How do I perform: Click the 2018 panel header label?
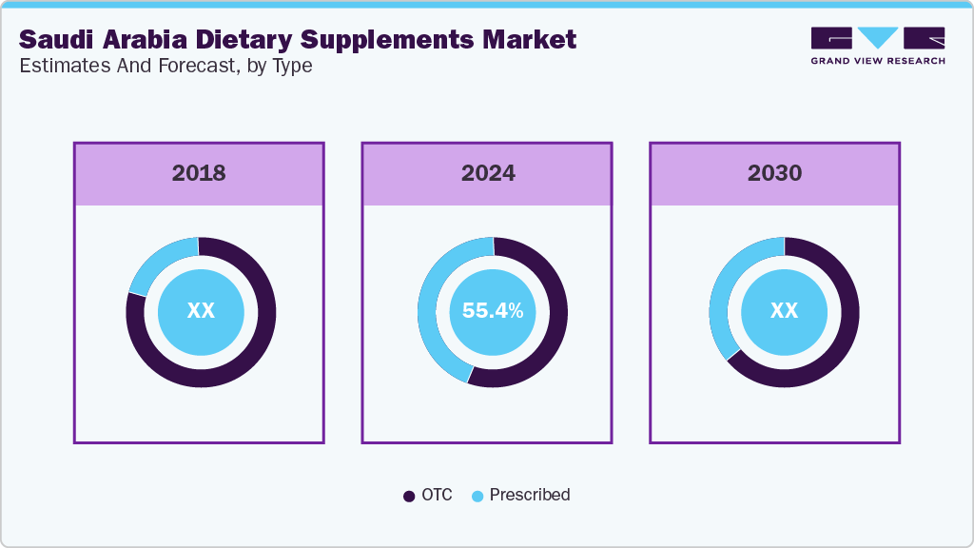tap(199, 173)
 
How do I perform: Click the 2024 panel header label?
tap(488, 173)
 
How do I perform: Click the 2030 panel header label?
tap(774, 173)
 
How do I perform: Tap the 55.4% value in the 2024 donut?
tap(492, 311)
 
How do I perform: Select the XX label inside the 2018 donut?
tap(201, 311)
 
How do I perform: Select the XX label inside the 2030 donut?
tap(783, 311)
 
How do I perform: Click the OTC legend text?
tap(437, 495)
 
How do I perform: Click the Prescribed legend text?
tap(530, 495)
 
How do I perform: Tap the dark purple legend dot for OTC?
tap(409, 496)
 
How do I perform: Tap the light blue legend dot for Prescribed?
tap(477, 496)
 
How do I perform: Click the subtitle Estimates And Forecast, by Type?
tap(166, 67)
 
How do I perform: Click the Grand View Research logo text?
tap(877, 61)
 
